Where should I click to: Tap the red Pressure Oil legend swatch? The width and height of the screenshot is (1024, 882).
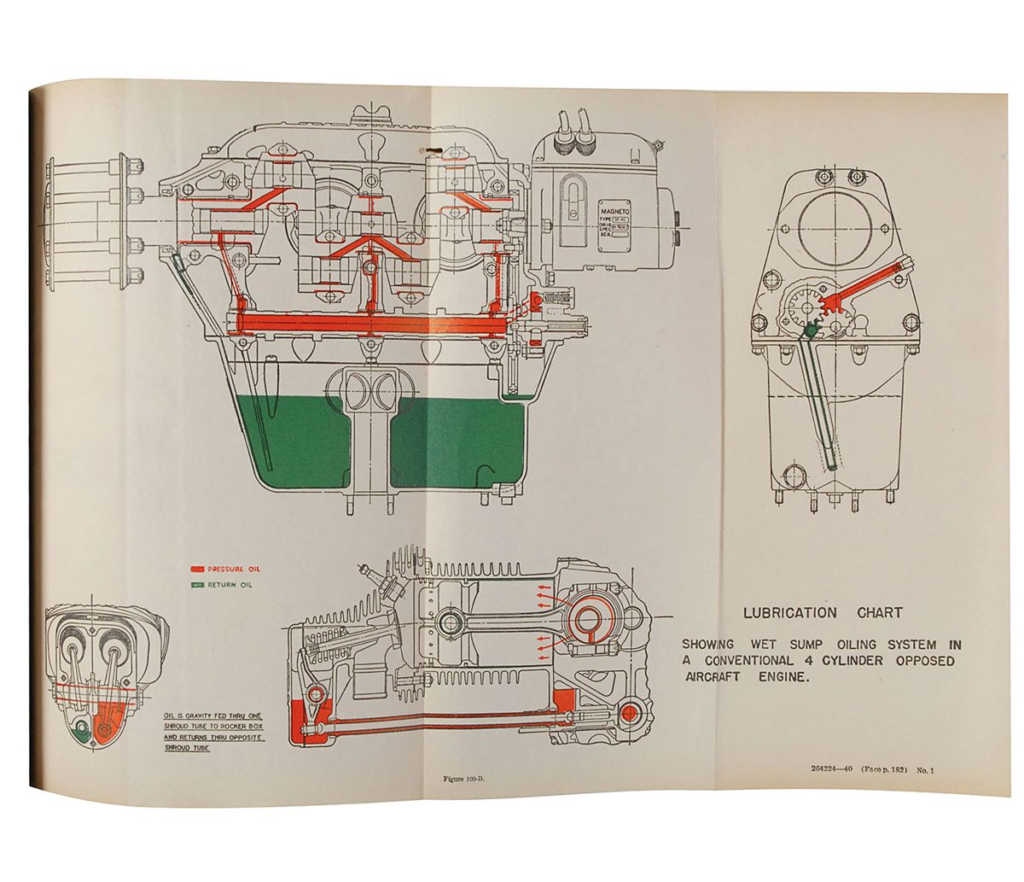197,568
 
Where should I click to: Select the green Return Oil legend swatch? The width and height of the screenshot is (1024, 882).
197,585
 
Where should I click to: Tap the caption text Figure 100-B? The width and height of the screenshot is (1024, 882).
464,778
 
